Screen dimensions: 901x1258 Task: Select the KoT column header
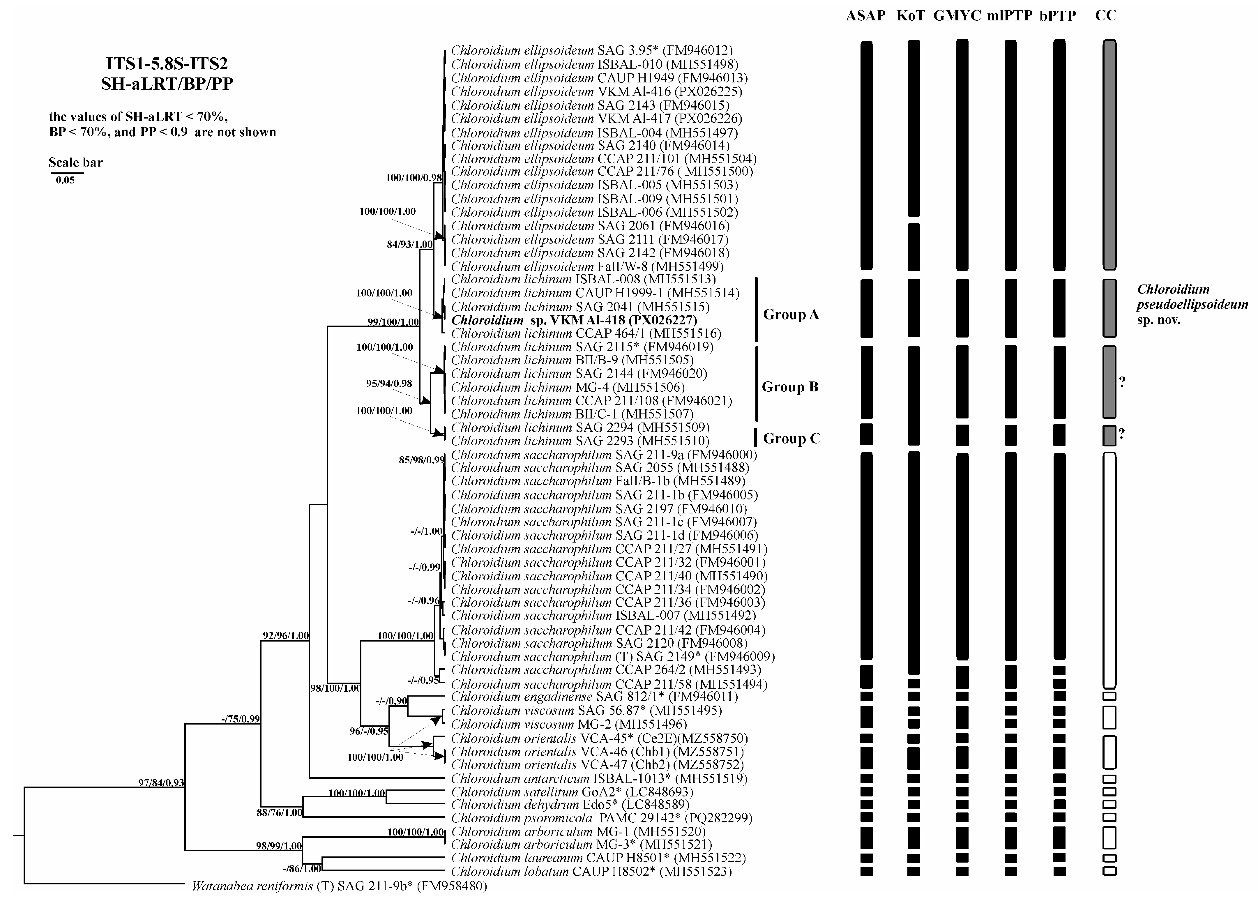tap(911, 15)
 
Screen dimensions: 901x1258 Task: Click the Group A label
tap(791, 315)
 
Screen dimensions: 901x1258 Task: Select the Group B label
tap(790, 387)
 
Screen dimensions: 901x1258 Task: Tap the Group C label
tap(791, 438)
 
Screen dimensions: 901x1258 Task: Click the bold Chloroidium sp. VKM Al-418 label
tap(574, 320)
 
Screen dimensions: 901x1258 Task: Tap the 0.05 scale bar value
tap(65, 180)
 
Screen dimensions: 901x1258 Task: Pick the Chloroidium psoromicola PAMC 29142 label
tap(601, 818)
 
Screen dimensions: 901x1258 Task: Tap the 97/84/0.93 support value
tap(161, 783)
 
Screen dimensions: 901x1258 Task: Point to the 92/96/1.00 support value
tap(286, 635)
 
